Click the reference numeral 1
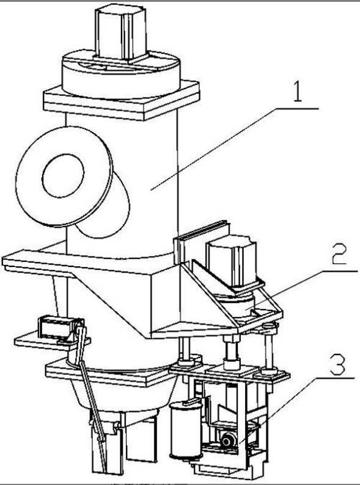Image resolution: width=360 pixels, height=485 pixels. click(297, 91)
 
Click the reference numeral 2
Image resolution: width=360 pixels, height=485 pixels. click(339, 253)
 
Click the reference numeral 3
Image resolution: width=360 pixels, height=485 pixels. click(337, 365)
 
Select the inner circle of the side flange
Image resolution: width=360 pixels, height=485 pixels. click(63, 176)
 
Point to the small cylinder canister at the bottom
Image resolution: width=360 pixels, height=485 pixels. click(186, 430)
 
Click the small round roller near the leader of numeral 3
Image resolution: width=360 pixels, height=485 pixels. click(228, 440)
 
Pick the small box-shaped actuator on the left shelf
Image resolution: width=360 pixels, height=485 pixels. click(58, 327)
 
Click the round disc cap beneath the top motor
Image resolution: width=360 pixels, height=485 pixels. click(121, 76)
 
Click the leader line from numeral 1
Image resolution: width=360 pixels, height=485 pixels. click(235, 149)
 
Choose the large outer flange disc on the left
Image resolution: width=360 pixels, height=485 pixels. click(64, 177)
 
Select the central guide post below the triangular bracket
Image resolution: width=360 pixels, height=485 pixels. click(232, 352)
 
